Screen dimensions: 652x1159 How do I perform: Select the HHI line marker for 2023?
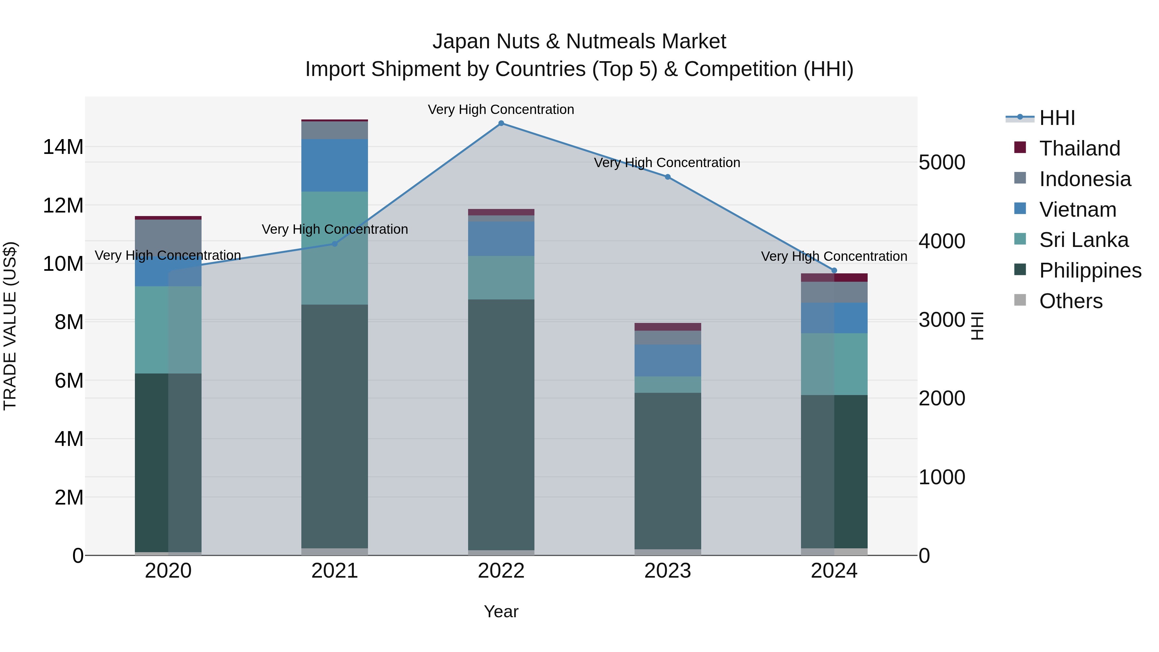pyautogui.click(x=667, y=177)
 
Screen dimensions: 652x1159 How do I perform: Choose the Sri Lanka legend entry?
pyautogui.click(x=1083, y=240)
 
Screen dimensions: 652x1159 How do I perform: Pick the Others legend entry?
pyautogui.click(x=1070, y=301)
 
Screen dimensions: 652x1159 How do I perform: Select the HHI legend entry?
pyautogui.click(x=1057, y=118)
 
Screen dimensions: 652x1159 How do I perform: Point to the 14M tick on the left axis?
pyautogui.click(x=63, y=147)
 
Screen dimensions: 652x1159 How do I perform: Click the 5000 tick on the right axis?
pyautogui.click(x=942, y=163)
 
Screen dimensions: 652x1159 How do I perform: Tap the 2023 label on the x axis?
pyautogui.click(x=667, y=571)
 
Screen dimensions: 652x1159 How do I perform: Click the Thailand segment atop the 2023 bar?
pyautogui.click(x=667, y=327)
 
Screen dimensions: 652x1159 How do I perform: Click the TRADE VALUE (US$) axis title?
pyautogui.click(x=10, y=326)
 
